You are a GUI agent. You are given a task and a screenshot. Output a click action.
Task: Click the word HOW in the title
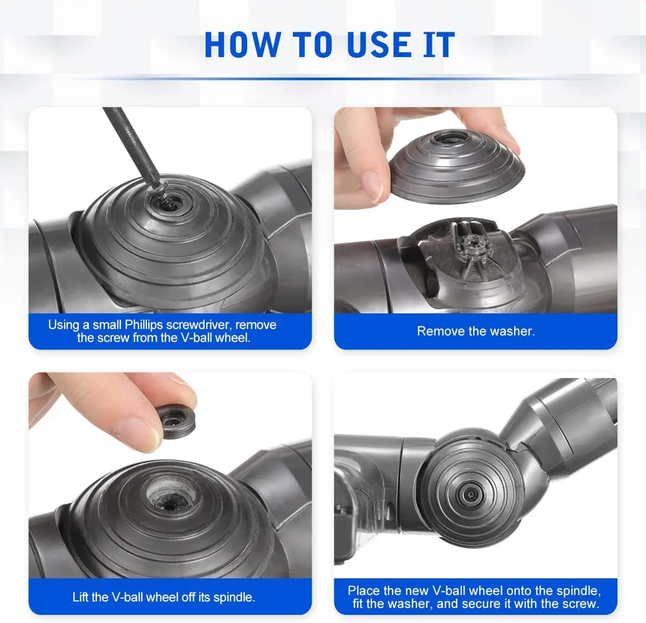[242, 45]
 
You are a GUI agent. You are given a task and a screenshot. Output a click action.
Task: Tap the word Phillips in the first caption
[144, 325]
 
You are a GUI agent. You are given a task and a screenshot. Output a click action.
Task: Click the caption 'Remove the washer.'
[475, 331]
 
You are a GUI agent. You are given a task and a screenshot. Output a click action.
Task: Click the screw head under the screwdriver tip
[168, 202]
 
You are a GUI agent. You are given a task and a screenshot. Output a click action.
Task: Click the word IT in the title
[439, 45]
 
